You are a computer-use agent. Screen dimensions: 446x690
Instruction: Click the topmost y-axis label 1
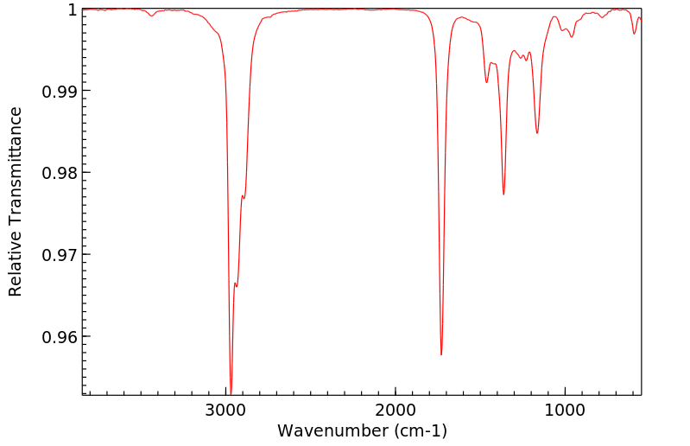[73, 10]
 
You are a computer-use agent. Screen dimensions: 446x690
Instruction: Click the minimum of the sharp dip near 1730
[441, 354]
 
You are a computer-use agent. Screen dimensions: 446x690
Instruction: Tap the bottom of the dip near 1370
[503, 194]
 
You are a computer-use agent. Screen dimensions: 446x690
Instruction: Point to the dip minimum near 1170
[537, 133]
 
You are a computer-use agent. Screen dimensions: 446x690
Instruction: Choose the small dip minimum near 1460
[487, 82]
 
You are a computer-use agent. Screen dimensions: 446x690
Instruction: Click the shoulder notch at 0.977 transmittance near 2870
[244, 198]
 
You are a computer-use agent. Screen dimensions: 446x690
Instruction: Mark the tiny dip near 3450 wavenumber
[152, 16]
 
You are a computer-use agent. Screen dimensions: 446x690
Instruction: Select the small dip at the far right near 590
[634, 34]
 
